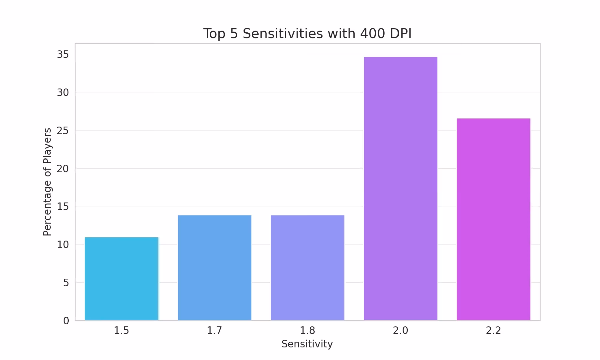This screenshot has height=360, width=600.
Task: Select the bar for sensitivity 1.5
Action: point(121,279)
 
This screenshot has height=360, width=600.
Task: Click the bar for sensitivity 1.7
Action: point(214,268)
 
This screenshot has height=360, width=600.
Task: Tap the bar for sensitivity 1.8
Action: point(307,268)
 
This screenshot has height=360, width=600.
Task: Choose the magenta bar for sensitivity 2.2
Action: point(493,219)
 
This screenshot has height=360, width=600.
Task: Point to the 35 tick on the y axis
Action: point(63,54)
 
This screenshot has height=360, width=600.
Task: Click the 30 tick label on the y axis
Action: point(63,92)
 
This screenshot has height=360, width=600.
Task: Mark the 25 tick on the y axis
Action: point(63,130)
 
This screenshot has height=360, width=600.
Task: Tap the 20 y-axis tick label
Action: point(63,169)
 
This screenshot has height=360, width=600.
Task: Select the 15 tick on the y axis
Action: point(63,207)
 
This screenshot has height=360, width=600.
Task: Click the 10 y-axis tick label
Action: point(63,244)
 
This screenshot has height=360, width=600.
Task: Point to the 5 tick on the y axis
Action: point(66,283)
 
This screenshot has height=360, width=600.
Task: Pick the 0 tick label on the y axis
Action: point(66,321)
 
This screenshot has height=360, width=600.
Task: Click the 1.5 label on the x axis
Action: point(121,331)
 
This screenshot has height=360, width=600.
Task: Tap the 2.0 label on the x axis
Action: point(400,331)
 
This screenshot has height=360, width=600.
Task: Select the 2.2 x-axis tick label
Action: point(493,331)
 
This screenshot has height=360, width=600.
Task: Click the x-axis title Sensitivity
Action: point(307,344)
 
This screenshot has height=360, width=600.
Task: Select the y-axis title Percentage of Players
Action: point(47,182)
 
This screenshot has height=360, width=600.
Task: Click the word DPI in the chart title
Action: point(400,33)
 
